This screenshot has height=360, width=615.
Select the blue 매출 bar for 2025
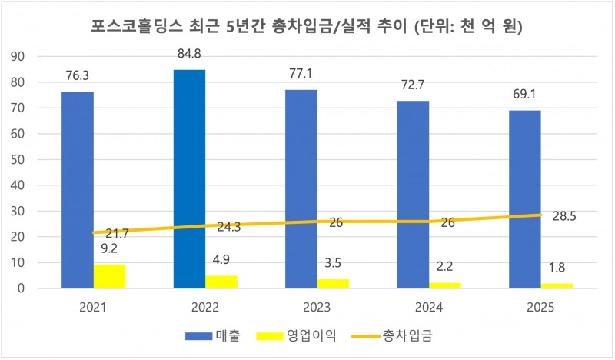point(524,199)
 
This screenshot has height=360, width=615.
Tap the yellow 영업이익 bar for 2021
point(109,276)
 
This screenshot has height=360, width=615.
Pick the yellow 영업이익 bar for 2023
point(332,283)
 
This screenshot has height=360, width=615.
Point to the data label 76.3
point(78,76)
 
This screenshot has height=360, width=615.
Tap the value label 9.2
point(109,249)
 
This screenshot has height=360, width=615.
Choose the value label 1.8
point(556,268)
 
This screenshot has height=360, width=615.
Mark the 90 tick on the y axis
point(19,56)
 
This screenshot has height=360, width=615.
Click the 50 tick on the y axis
point(19,159)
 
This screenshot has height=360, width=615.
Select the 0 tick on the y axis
point(23,288)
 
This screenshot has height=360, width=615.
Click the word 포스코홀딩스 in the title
point(140,28)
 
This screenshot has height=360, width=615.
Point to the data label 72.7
point(413,85)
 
